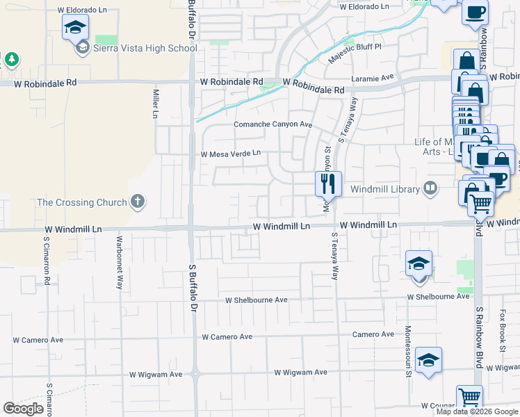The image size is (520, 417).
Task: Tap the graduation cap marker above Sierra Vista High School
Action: [75, 29]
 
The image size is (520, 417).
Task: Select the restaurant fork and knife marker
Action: [327, 184]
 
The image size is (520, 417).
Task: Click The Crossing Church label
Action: [82, 203]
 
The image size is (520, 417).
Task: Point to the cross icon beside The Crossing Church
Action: [138, 202]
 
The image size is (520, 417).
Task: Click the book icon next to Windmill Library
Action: [430, 188]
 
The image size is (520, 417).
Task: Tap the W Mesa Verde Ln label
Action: [230, 154]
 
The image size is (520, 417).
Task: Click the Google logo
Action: [23, 409]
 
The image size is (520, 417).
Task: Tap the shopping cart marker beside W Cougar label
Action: [470, 398]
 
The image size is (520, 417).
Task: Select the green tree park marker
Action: [11, 59]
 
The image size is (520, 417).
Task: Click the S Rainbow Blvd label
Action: [479, 333]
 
